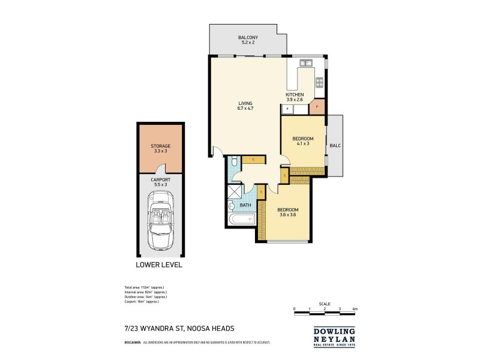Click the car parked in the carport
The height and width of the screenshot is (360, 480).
tap(160, 220)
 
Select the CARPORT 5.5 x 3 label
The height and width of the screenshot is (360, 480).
tap(160, 181)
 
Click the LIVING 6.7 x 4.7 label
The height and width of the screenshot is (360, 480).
tap(246, 106)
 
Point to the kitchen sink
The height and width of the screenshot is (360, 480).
tap(307, 62)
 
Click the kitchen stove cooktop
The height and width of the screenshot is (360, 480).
tap(320, 82)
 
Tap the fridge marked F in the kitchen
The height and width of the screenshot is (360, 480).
tap(288, 109)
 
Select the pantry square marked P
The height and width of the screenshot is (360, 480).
tap(317, 107)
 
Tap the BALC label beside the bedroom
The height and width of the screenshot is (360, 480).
tap(334, 145)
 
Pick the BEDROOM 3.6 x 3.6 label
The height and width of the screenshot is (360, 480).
tap(287, 212)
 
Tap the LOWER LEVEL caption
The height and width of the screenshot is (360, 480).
tap(160, 265)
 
